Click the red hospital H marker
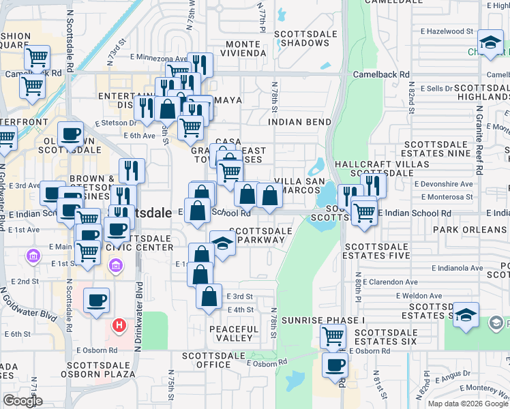[x=120, y=327]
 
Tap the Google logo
[x=22, y=400]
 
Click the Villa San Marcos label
[x=297, y=186]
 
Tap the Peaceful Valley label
[x=234, y=334]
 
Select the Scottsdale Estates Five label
[x=378, y=251]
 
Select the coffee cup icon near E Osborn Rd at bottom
[x=334, y=365]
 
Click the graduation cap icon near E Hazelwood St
[x=490, y=43]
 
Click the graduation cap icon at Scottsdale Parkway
[x=222, y=243]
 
